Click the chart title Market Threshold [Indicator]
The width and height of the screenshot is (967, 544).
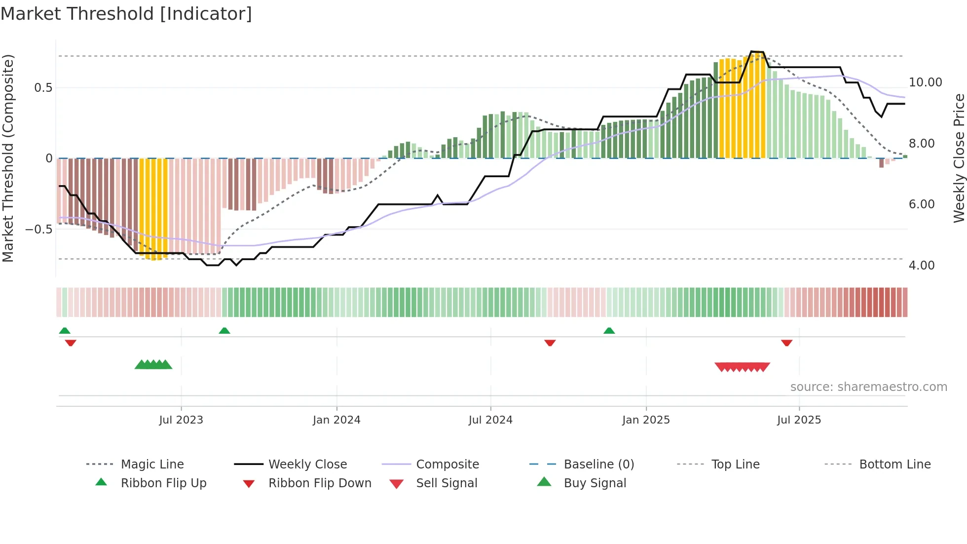[x=126, y=14]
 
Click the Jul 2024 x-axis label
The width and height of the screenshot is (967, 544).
[x=490, y=420]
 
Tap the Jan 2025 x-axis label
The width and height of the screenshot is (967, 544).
[x=646, y=420]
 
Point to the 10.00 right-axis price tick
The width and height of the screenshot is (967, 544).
[x=925, y=82]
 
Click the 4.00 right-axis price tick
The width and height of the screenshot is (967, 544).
[x=922, y=266]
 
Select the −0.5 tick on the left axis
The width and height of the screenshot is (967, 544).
[x=38, y=230]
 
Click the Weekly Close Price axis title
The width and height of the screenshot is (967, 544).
[x=959, y=158]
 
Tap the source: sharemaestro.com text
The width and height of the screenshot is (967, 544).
[x=868, y=387]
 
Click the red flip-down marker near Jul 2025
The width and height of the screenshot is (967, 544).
[x=786, y=343]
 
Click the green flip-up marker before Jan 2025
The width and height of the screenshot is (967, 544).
[x=609, y=331]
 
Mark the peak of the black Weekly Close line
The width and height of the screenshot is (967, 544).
[x=757, y=52]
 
